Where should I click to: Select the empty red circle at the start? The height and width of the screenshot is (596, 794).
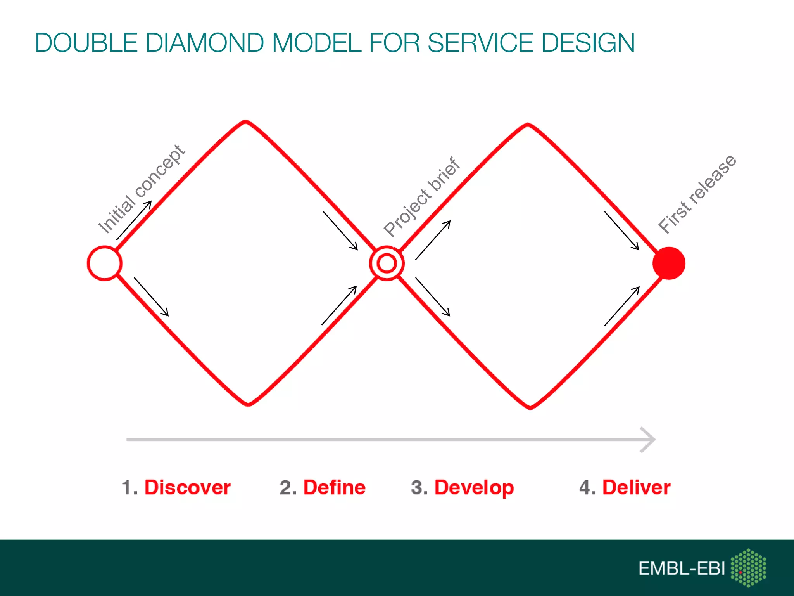click(x=104, y=263)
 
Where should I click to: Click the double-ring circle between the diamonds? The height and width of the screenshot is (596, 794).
click(x=387, y=263)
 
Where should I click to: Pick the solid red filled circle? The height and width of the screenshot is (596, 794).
click(x=669, y=263)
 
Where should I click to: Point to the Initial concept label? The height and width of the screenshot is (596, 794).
click(x=142, y=189)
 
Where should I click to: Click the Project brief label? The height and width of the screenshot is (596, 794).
click(x=422, y=197)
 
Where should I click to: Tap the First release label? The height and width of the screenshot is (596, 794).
click(x=697, y=194)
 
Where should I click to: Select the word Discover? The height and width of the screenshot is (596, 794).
click(x=187, y=487)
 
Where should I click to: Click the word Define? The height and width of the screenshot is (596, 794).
click(x=334, y=487)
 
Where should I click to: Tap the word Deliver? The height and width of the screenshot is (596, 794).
click(x=636, y=487)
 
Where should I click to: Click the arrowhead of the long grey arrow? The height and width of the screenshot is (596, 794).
click(x=649, y=440)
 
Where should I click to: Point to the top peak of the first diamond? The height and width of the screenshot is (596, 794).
click(x=246, y=122)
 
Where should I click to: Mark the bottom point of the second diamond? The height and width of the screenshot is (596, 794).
click(x=530, y=407)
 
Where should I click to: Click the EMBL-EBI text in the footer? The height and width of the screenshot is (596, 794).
click(x=682, y=568)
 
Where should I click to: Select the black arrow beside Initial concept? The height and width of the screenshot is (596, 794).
click(x=134, y=220)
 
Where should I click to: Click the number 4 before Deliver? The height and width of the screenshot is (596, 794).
click(x=585, y=487)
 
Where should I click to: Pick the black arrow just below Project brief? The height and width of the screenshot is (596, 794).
click(x=433, y=240)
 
